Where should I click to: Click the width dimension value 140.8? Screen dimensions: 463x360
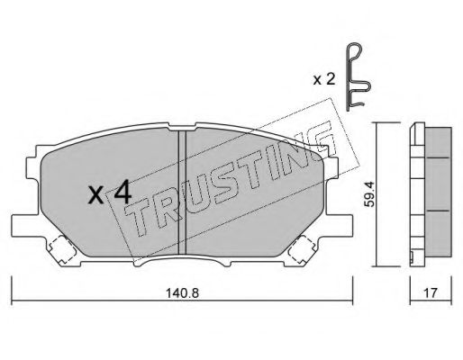coord(183,292)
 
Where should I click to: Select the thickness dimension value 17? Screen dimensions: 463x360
coord(431,292)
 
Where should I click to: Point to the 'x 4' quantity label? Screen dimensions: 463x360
coord(110,192)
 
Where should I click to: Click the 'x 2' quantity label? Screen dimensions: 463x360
coord(323,80)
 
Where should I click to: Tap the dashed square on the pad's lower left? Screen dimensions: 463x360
coord(62,249)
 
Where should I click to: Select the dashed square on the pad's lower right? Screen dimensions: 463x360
coord(301,249)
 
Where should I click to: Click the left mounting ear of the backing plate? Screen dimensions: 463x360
coord(26,225)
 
